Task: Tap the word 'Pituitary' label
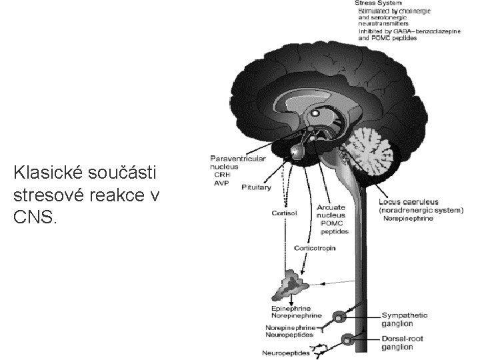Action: point(256,187)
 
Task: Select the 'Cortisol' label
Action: point(283,213)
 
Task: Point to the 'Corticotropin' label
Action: point(315,248)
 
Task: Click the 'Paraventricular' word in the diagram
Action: point(238,159)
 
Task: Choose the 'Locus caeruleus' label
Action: point(409,201)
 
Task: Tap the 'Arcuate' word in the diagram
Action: point(331,207)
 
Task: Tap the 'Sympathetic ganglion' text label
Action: point(405,319)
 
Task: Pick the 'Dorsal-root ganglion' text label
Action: point(404,343)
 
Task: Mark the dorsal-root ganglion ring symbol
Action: point(348,340)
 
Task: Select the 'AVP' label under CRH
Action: point(220,183)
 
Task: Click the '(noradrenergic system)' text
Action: point(420,210)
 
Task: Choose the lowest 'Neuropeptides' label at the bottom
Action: point(286,353)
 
